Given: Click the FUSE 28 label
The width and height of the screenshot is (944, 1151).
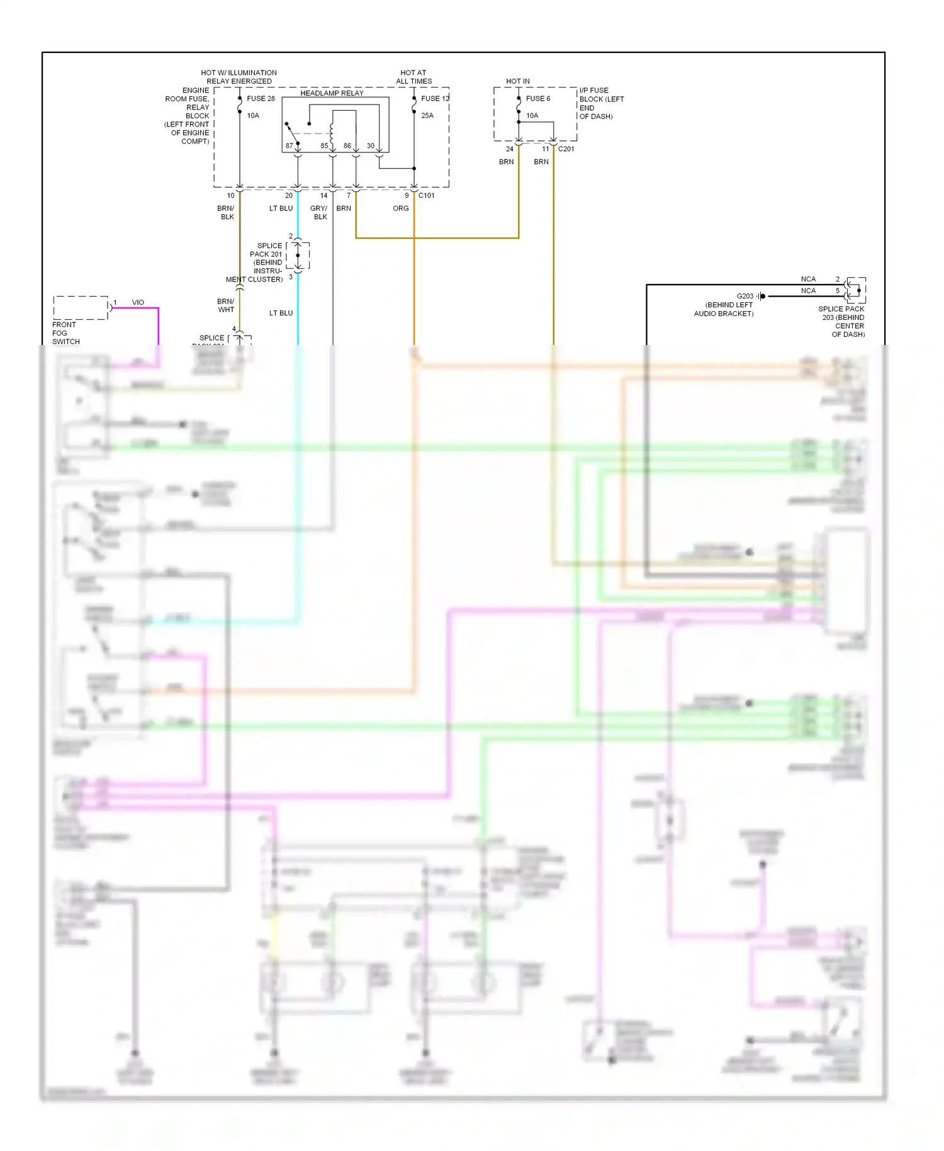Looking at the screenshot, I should click(261, 99).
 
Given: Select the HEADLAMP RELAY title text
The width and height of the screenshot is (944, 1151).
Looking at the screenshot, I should click(332, 93).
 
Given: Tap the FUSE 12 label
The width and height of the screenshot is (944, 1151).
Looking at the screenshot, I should click(435, 99).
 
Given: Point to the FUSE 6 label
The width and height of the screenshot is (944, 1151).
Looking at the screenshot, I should click(538, 99).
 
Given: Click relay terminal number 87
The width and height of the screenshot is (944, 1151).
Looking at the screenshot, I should click(289, 146).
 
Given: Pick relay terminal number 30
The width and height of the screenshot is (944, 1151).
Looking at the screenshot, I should click(370, 146).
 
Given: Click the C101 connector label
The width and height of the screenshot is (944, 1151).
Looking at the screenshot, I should click(426, 196).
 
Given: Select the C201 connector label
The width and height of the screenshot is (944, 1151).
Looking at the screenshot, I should click(566, 149).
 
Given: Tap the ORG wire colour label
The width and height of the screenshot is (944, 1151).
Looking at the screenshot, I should click(401, 208).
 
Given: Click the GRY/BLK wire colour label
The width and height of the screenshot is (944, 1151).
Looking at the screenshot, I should click(319, 213).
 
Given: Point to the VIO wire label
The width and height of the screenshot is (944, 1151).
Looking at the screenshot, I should click(138, 303).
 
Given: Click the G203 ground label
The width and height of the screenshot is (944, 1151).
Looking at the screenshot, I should click(745, 296).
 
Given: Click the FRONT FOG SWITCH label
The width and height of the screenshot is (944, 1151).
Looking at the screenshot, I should click(65, 333).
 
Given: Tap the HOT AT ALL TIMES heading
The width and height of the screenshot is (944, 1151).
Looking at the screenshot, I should click(413, 77).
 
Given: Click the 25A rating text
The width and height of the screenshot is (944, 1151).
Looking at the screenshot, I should click(427, 116).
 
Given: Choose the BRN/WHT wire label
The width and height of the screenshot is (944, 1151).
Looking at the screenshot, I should click(226, 305).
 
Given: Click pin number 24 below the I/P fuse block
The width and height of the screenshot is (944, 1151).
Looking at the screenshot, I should click(509, 149).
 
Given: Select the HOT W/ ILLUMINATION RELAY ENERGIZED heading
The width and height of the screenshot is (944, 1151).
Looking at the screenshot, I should click(239, 77).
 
